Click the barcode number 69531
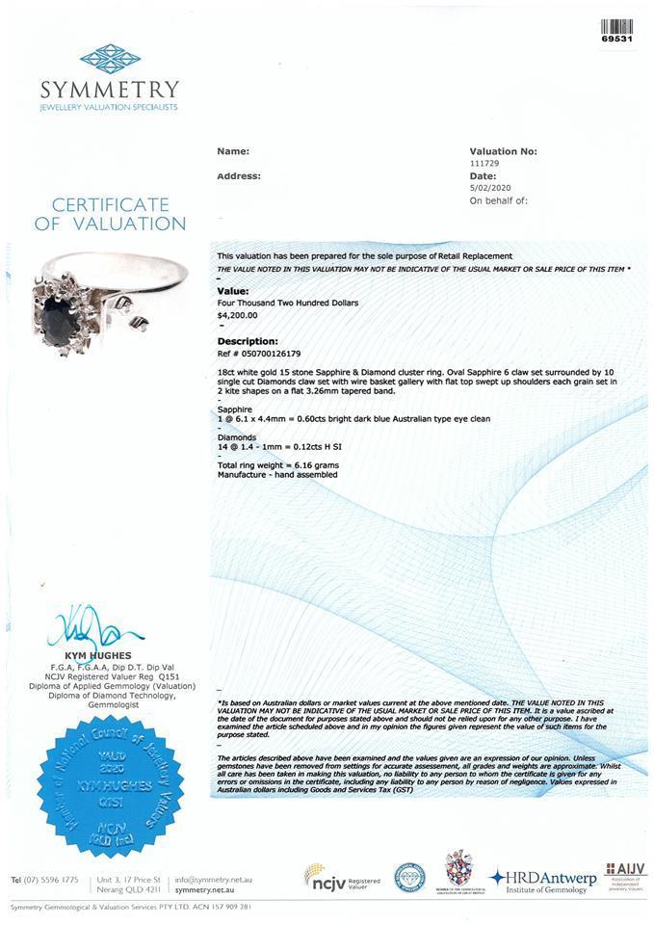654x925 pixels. point(616,40)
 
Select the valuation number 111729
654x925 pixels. point(484,164)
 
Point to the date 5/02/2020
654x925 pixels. point(489,189)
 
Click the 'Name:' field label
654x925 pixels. point(233,151)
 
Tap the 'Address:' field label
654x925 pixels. point(239,176)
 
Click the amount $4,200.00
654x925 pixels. point(237,314)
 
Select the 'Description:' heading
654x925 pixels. point(248,341)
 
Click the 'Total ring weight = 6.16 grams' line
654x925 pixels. point(277,465)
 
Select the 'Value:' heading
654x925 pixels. point(233,289)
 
